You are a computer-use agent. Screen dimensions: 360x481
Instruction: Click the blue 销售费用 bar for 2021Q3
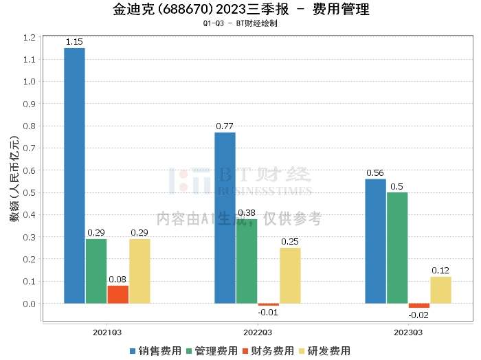pos(74,175)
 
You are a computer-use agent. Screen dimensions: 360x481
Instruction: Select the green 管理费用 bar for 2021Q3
pos(96,271)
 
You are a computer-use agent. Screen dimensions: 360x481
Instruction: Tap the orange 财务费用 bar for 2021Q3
pos(118,294)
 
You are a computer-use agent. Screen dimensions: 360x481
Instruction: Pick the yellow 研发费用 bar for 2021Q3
pos(139,271)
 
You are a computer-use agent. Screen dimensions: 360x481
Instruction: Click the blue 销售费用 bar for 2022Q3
pos(225,217)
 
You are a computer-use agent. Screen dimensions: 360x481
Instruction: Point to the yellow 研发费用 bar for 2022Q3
pos(290,275)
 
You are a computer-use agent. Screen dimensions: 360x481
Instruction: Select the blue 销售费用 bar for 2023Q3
pos(375,240)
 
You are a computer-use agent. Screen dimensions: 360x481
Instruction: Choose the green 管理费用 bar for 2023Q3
pos(397,247)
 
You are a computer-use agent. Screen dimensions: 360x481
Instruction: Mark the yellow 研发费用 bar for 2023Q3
pos(440,290)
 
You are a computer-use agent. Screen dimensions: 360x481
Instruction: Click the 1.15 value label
pos(74,42)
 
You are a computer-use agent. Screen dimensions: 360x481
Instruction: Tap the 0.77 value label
pos(225,126)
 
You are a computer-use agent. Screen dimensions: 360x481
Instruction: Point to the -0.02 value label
pos(418,315)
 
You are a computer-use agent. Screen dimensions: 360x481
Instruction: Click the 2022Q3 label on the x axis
pos(258,332)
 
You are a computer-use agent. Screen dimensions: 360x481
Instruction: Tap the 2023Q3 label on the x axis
pos(408,332)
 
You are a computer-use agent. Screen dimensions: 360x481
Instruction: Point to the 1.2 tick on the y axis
pos(29,37)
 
